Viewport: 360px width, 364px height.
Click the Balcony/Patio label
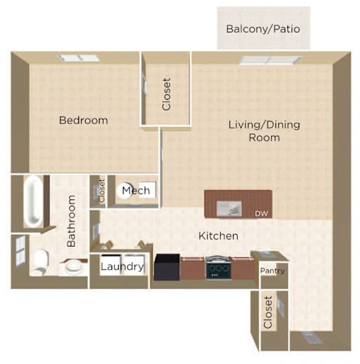pyautogui.click(x=263, y=29)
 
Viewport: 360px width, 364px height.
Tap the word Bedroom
pyautogui.click(x=83, y=120)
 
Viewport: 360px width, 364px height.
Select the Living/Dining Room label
pyautogui.click(x=264, y=131)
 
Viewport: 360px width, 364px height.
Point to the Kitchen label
pyautogui.click(x=218, y=236)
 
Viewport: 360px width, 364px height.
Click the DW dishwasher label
pyautogui.click(x=261, y=213)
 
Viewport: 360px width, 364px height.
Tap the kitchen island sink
pyautogui.click(x=229, y=209)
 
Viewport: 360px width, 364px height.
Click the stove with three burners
pyautogui.click(x=218, y=268)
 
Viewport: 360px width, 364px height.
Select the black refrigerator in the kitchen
pyautogui.click(x=167, y=267)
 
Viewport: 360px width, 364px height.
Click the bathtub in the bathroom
pyautogui.click(x=34, y=201)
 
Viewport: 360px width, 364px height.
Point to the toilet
pyautogui.click(x=40, y=262)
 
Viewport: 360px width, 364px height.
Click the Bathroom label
pyautogui.click(x=71, y=221)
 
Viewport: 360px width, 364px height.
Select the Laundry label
pyautogui.click(x=122, y=266)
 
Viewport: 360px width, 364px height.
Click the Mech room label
pyautogui.click(x=136, y=190)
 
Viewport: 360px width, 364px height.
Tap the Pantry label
pyautogui.click(x=272, y=271)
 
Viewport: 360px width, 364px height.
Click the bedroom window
pyautogui.click(x=79, y=58)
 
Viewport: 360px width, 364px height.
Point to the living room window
pyautogui.click(x=270, y=60)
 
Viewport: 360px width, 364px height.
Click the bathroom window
pyautogui.click(x=20, y=250)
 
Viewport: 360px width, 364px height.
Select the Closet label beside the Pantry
pyautogui.click(x=268, y=312)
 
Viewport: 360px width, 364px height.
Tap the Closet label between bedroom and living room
pyautogui.click(x=167, y=94)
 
